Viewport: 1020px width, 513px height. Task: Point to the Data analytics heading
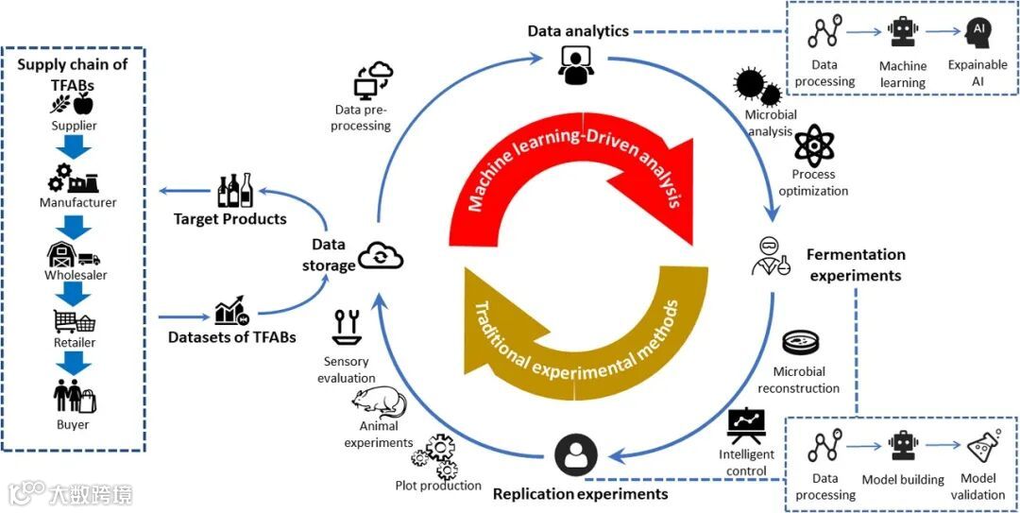click(x=578, y=31)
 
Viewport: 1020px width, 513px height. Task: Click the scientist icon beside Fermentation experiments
click(x=770, y=254)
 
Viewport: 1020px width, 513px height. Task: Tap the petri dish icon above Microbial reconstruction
click(x=801, y=343)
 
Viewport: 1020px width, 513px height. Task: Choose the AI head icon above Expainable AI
click(x=978, y=33)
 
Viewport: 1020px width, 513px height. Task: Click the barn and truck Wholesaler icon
click(x=73, y=254)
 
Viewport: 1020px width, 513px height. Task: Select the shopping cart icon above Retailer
click(x=74, y=321)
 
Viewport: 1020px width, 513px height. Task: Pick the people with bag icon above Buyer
click(x=74, y=396)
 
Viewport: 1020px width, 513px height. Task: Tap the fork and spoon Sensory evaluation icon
click(x=346, y=327)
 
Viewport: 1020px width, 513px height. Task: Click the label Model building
click(x=903, y=480)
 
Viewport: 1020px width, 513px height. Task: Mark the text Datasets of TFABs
click(x=231, y=336)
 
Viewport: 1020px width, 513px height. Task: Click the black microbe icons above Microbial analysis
click(x=757, y=88)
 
